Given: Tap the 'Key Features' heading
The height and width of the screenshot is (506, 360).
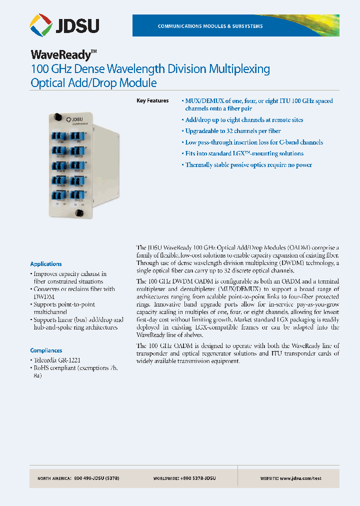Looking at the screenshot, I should click(x=152, y=101).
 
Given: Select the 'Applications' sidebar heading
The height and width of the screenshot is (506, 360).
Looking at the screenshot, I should click(x=46, y=264).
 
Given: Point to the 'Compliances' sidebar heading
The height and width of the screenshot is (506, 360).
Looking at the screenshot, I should click(x=46, y=351).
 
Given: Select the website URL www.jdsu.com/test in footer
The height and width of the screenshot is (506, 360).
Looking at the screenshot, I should click(x=300, y=478).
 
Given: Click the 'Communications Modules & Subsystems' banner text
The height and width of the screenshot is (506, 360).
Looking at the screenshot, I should click(x=210, y=26).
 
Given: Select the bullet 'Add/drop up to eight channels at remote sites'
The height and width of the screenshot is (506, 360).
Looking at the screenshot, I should click(x=244, y=120).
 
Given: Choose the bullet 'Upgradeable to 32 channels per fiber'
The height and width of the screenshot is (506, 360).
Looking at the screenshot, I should click(x=233, y=131).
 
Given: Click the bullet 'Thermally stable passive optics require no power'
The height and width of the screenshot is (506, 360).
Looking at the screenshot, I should click(x=248, y=165).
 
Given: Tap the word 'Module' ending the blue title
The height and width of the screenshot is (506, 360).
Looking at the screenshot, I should click(x=137, y=83).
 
